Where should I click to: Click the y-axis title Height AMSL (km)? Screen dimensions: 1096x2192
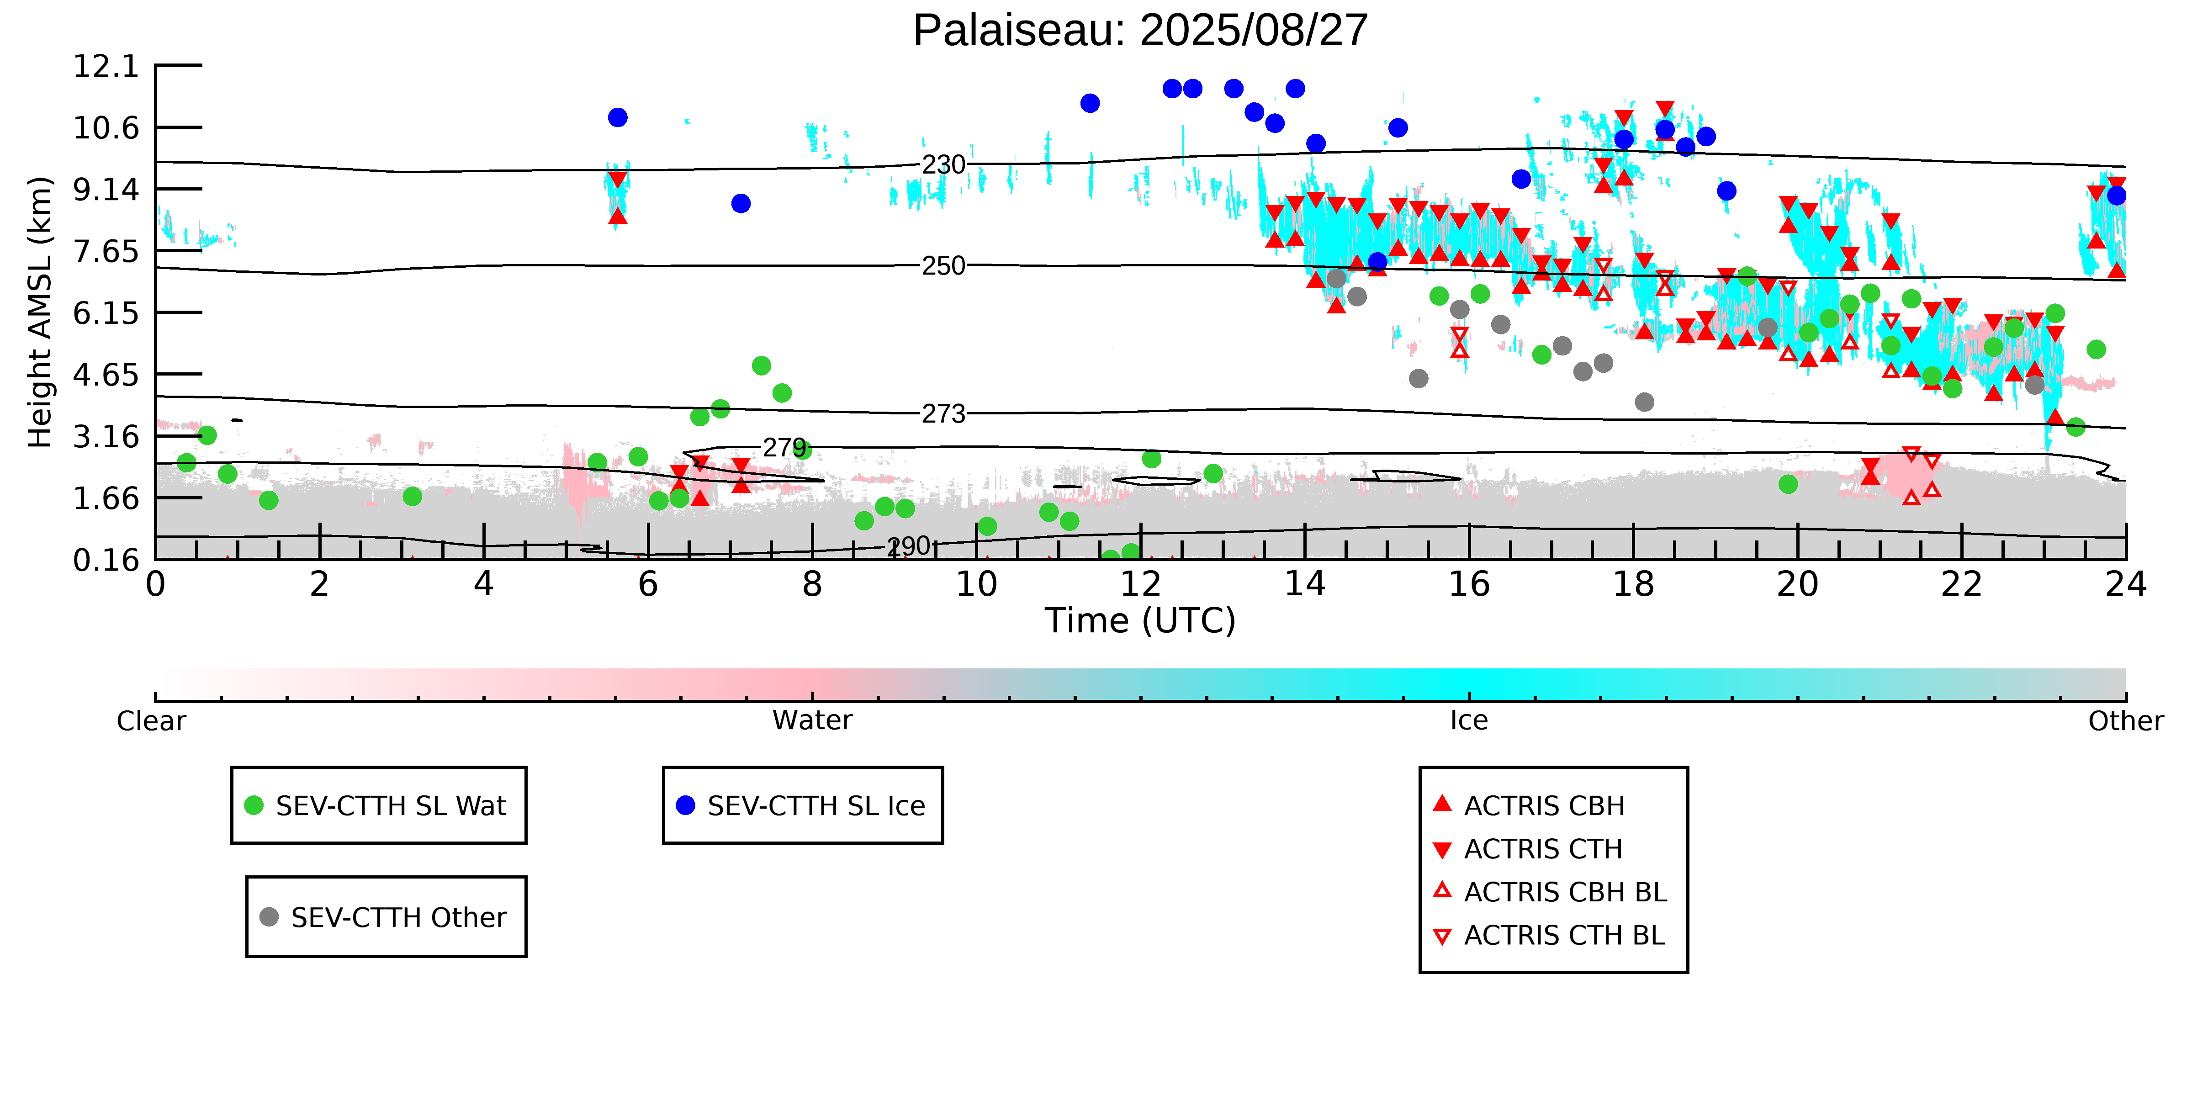40,312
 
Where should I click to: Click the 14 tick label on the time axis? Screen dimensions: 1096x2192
1304,585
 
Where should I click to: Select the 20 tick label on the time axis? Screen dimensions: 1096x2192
1797,585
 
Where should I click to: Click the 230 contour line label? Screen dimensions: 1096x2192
944,164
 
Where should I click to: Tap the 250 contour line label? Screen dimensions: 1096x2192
944,265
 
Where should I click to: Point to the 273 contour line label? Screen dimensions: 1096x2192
944,413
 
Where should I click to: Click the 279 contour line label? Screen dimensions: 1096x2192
784,448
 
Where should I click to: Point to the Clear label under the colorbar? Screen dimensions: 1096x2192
152,721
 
